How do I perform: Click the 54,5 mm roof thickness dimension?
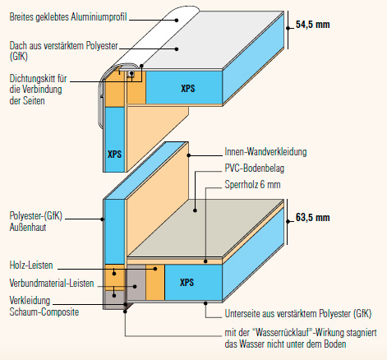point(312,25)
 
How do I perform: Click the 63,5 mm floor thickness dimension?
point(312,218)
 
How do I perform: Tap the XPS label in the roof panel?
point(188,89)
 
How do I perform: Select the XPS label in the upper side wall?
point(114,154)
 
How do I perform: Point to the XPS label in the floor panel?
point(187,283)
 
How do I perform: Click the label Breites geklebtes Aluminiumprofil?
point(68,17)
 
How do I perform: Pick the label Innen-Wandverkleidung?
point(265,151)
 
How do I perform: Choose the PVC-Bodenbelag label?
point(255,168)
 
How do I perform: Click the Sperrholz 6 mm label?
point(252,184)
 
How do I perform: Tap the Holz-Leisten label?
point(31,265)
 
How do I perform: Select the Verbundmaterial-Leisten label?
point(52,283)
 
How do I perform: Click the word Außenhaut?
point(28,228)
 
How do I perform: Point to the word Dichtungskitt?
point(34,78)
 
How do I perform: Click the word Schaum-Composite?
point(44,312)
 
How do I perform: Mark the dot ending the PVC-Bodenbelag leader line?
point(195,210)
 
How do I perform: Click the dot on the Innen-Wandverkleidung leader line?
point(189,155)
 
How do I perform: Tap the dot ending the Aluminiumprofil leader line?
point(177,21)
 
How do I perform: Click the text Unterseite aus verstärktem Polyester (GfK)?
point(298,314)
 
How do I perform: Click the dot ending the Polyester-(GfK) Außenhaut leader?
point(102,219)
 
